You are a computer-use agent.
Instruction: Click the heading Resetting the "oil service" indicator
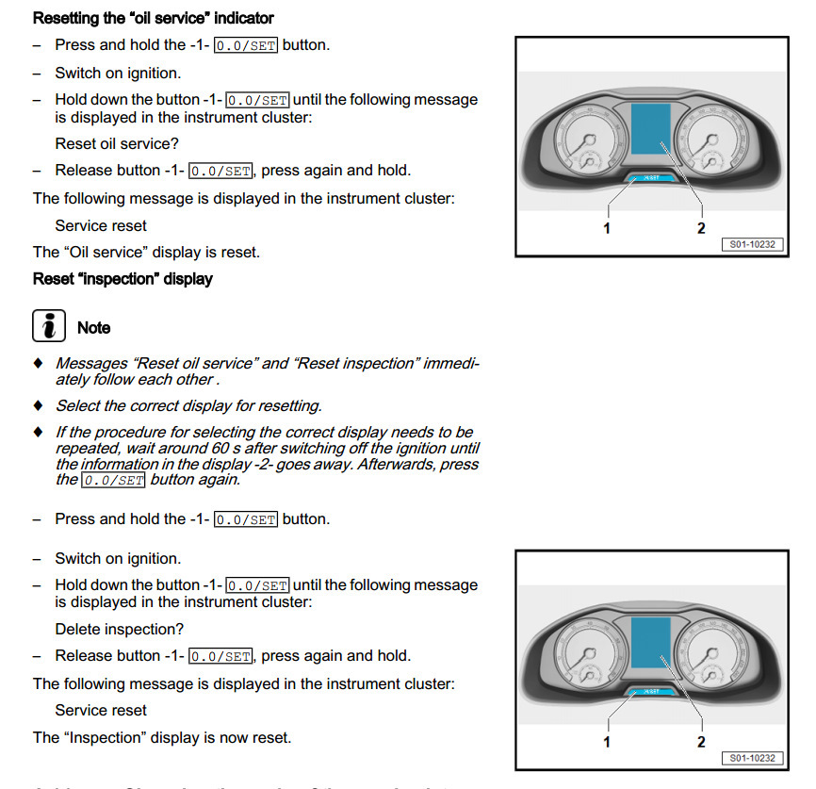pos(154,18)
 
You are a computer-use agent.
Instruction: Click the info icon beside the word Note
pos(48,326)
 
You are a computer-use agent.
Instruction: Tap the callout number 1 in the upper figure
pos(607,228)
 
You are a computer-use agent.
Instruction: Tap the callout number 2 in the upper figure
pos(701,228)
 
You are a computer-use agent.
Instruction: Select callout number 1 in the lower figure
pos(607,742)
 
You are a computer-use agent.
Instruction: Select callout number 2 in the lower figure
pos(701,742)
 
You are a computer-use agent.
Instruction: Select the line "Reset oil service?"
pos(117,144)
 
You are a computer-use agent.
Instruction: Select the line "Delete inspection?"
pos(120,629)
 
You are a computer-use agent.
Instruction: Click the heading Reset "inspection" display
pos(122,279)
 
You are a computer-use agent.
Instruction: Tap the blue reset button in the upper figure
pos(651,177)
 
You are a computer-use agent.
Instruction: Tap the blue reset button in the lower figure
pos(651,691)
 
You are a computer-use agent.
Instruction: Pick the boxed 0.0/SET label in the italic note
pos(113,481)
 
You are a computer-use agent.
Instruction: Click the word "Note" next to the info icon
pos(93,328)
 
